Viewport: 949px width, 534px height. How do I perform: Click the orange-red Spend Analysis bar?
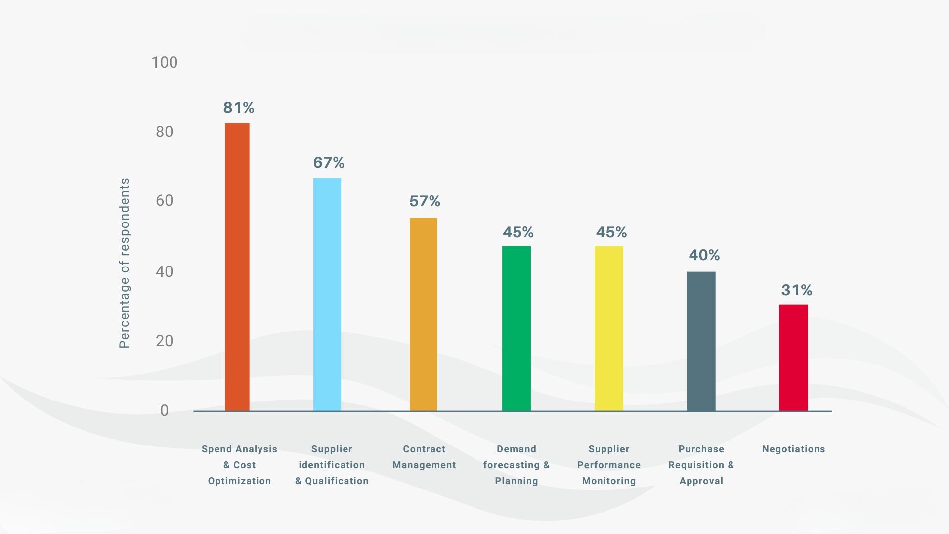(x=237, y=267)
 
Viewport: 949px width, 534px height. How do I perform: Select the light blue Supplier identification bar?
(x=327, y=294)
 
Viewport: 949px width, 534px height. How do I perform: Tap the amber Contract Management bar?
(x=424, y=314)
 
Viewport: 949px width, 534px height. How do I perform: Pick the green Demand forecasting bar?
(x=517, y=328)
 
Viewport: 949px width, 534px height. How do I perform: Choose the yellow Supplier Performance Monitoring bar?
(x=609, y=328)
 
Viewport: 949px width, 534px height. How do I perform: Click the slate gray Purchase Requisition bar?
(x=701, y=341)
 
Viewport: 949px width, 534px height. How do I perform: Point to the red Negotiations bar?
(x=794, y=357)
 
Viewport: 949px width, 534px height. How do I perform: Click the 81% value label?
(x=239, y=107)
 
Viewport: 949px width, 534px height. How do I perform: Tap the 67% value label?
(x=329, y=162)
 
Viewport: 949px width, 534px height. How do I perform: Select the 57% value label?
(x=425, y=201)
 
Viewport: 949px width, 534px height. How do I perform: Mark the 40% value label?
(x=704, y=255)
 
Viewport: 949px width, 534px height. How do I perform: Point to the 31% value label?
(x=797, y=290)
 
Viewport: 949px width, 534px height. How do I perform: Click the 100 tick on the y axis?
(x=165, y=62)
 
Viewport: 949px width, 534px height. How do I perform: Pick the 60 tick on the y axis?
(x=165, y=200)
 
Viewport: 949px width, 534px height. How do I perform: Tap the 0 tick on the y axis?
(x=165, y=410)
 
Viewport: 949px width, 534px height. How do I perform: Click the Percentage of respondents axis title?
(x=125, y=263)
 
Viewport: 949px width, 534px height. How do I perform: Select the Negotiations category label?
(x=794, y=449)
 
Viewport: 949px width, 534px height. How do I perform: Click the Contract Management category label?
(x=424, y=457)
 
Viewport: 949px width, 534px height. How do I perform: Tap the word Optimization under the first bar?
(x=239, y=481)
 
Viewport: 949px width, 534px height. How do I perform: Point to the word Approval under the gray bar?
(x=701, y=481)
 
